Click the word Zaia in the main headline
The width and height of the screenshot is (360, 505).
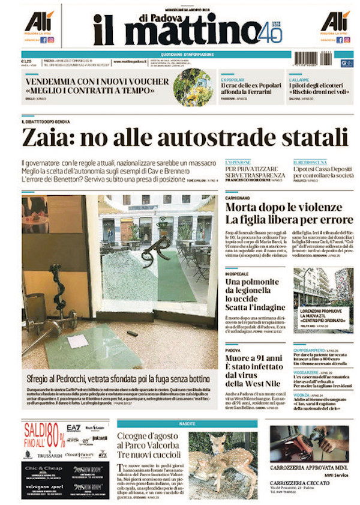46,138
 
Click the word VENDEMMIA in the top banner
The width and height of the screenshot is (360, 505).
51,81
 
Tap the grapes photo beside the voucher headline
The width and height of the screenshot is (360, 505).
193,87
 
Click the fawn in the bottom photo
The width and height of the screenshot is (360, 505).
219,465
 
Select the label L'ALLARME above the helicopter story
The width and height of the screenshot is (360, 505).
299,79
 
